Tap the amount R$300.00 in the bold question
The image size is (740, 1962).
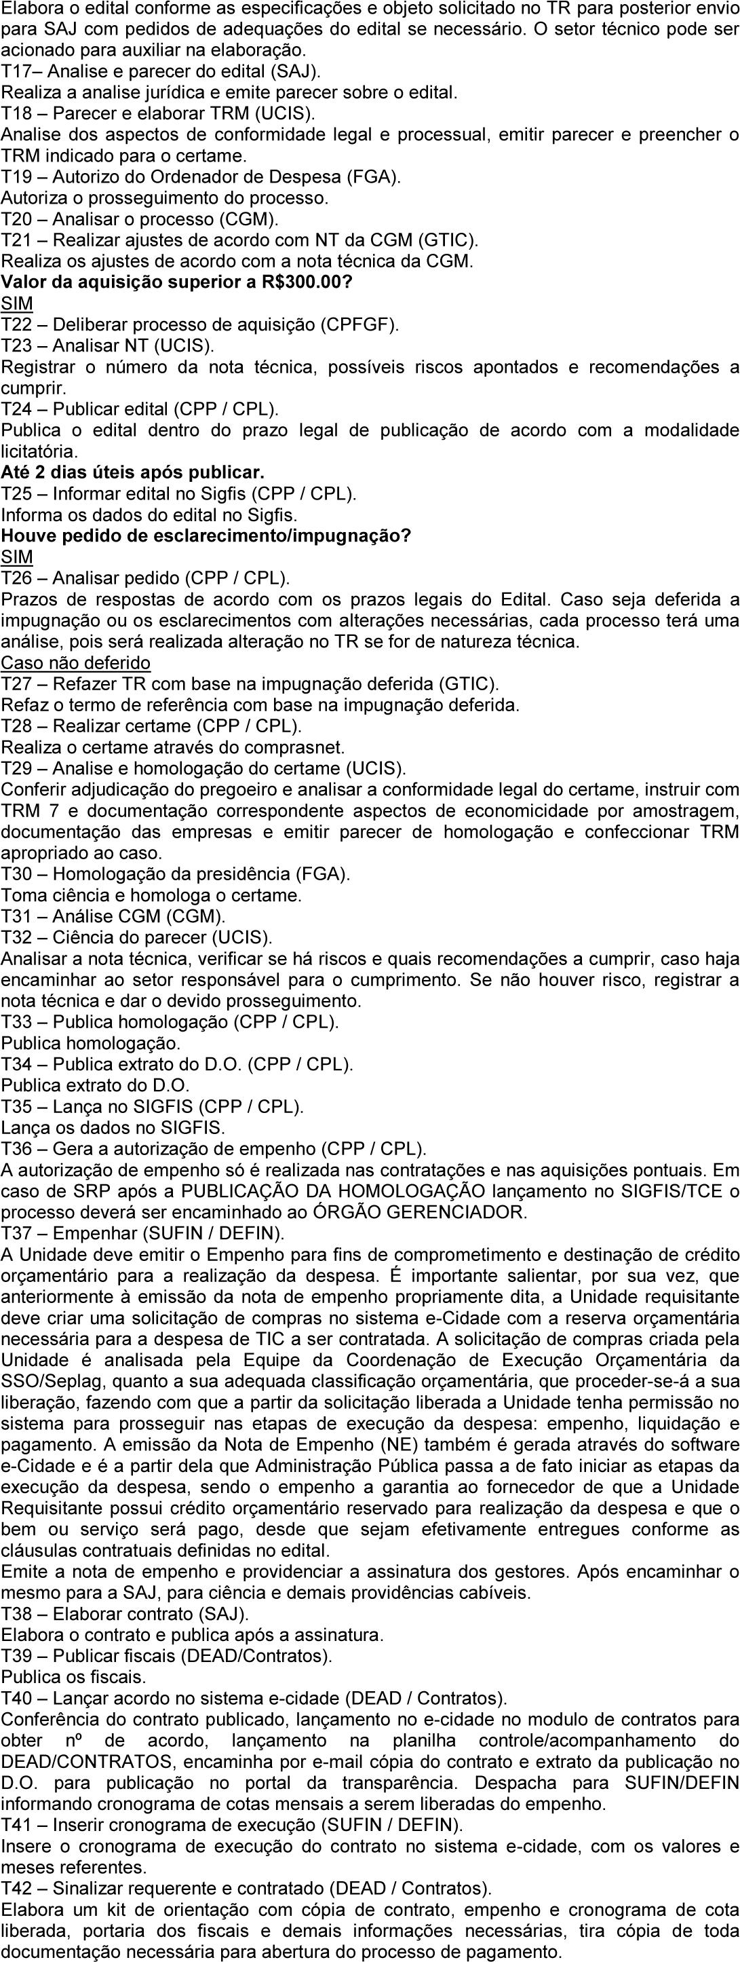[x=305, y=282]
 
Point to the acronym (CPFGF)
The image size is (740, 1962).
[x=360, y=325]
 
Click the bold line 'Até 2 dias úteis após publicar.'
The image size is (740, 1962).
[x=132, y=472]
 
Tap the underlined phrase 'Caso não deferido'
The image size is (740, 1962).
[x=75, y=662]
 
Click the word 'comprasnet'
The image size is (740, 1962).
[x=298, y=747]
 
